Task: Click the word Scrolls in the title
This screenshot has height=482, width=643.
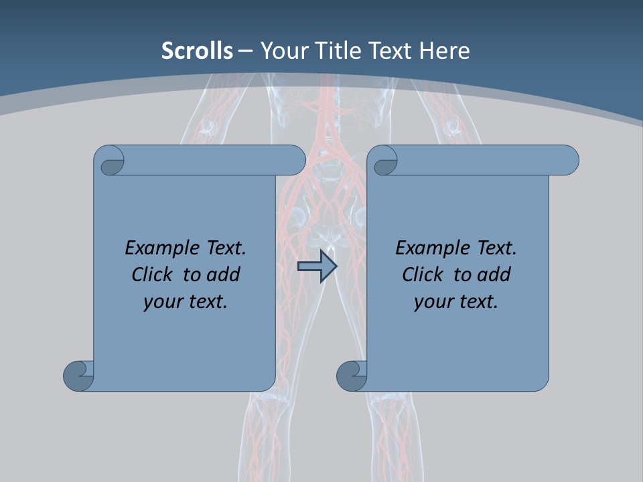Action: coord(197,51)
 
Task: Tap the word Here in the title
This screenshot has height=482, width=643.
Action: coord(444,51)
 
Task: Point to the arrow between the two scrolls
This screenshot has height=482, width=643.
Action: coord(317,266)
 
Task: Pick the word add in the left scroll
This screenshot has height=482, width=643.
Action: coord(223,274)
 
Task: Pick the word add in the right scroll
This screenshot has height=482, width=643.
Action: coord(494,274)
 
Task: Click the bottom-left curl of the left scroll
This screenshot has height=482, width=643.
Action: coord(79,375)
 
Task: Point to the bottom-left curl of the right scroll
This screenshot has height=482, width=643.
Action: coord(352,375)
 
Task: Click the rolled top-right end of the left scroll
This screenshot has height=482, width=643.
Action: coord(292,160)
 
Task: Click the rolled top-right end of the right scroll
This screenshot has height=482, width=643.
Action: coord(565,160)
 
